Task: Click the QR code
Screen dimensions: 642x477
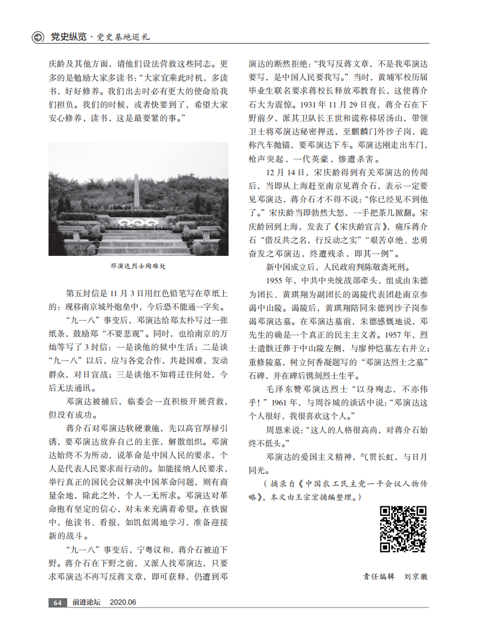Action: click(x=403, y=529)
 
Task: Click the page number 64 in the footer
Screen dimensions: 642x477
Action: click(x=57, y=602)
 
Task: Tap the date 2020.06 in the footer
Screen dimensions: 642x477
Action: click(x=123, y=602)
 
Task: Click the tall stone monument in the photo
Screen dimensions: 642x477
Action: click(x=136, y=190)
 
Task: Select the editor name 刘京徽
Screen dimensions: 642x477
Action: click(x=416, y=576)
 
